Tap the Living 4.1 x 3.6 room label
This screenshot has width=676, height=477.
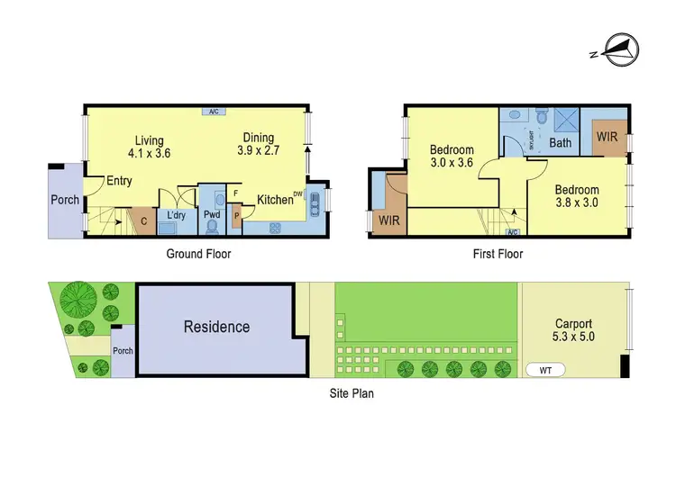click(150, 147)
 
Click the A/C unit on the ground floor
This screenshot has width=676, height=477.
click(215, 112)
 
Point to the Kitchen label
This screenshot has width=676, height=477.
click(275, 200)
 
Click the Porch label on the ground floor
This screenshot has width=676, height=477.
click(64, 200)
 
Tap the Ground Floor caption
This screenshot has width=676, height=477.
click(198, 254)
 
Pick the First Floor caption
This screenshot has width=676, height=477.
click(498, 254)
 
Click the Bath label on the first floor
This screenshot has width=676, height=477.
click(561, 143)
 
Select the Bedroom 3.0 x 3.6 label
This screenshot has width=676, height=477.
click(452, 156)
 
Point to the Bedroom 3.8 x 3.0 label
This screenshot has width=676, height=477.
click(577, 196)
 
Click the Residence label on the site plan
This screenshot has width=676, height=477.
click(217, 327)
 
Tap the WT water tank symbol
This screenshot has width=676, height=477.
click(545, 369)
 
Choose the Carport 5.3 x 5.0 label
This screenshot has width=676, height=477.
click(574, 329)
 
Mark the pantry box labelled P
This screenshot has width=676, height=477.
click(237, 216)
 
